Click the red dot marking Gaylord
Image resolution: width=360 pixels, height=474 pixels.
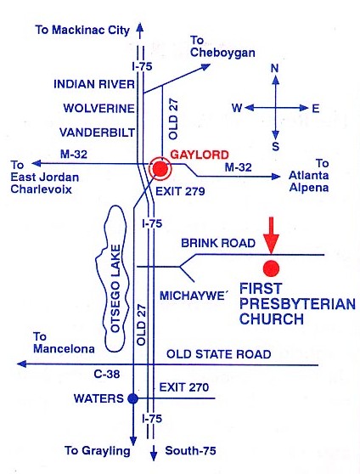[160, 169]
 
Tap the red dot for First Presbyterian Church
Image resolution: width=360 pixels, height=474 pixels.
[271, 268]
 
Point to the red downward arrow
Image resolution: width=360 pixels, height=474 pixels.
[271, 235]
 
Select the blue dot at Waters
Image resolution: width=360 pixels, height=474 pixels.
[132, 398]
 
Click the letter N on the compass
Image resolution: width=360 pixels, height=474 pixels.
[274, 68]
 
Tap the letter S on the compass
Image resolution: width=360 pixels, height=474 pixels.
[275, 146]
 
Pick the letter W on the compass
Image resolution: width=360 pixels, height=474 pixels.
[237, 108]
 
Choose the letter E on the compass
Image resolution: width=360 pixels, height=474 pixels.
[316, 108]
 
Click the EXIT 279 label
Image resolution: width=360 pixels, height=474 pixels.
[180, 191]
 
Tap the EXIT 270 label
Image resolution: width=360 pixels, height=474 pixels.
[183, 387]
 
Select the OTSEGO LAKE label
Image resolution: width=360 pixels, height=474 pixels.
[115, 288]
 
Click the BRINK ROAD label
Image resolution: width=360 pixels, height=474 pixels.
[218, 243]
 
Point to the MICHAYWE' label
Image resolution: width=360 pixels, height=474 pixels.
[194, 296]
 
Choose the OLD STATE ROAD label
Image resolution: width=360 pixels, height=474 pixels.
[218, 354]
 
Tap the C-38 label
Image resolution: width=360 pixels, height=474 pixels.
[107, 375]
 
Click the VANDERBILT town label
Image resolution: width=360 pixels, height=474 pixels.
[97, 133]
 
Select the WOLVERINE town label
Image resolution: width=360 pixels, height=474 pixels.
[98, 108]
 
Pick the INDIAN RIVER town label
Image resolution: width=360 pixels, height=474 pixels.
[94, 84]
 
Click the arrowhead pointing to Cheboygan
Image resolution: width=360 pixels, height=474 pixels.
[205, 66]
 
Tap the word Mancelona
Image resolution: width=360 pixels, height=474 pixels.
[64, 349]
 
